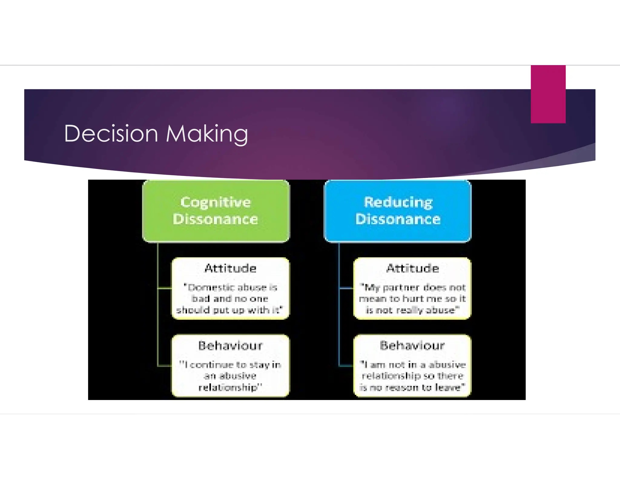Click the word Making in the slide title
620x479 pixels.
(207, 134)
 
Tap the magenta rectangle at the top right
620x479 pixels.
(548, 94)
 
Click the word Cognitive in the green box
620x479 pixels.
(216, 202)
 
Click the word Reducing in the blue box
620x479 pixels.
(398, 202)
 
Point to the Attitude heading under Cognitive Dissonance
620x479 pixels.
(230, 268)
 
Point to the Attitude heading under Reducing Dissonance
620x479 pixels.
(412, 268)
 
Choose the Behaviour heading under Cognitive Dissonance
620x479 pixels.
(230, 345)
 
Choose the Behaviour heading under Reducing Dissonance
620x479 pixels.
(412, 345)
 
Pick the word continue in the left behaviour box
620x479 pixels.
(212, 365)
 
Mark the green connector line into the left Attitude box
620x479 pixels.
(165, 288)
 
